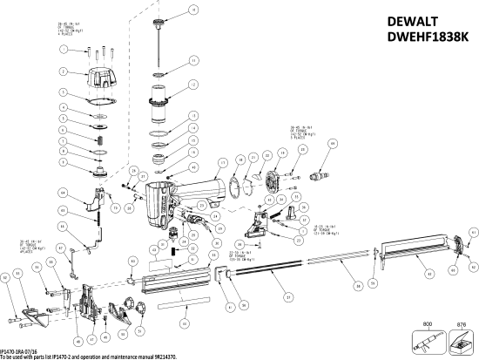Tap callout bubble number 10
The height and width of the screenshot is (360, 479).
click(193, 10)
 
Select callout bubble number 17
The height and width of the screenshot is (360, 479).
click(223, 163)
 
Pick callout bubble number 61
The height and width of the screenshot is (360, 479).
click(473, 233)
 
